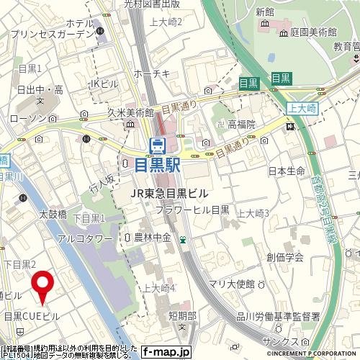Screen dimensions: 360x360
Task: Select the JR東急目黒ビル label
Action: [169, 193]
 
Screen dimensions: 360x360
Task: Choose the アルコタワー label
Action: [85, 238]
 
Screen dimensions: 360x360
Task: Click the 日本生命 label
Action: [287, 171]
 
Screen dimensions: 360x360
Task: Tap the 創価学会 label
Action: [284, 257]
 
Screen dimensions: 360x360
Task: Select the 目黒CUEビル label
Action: [31, 316]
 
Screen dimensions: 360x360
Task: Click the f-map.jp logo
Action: [166, 352]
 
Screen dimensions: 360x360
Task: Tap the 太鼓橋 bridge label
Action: [52, 214]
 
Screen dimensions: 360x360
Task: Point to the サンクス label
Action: [276, 341]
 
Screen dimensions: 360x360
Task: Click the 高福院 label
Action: [242, 125]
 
